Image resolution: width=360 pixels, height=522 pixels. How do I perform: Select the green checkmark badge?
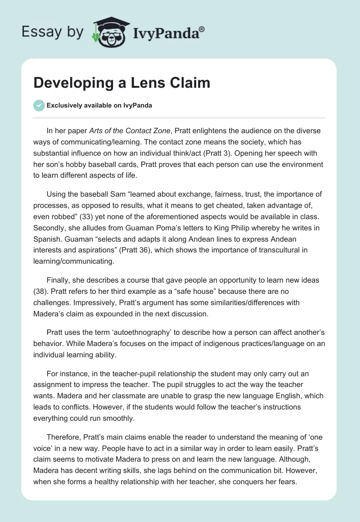point(39,105)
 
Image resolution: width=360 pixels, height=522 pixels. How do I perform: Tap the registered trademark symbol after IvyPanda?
point(202,29)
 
